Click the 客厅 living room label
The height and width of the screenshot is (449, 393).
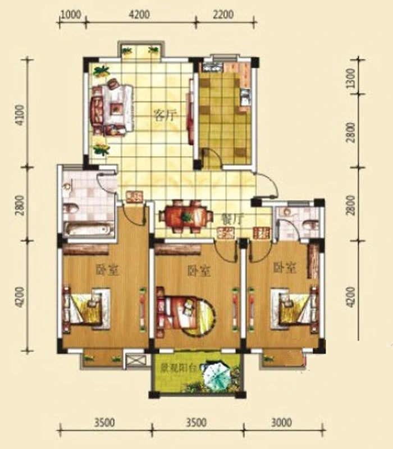[x=164, y=115]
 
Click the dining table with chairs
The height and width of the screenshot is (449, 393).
[x=186, y=216]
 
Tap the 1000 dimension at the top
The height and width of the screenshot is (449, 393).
[x=71, y=15]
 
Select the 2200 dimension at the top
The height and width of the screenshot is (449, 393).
[x=223, y=15]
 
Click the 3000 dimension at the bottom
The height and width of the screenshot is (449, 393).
[x=282, y=423]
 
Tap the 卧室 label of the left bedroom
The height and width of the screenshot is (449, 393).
[x=107, y=269]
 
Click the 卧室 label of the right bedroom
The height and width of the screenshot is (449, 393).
[x=285, y=268]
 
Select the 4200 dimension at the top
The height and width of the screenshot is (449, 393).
[x=139, y=15]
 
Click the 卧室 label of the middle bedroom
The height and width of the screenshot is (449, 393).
[x=199, y=271]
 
